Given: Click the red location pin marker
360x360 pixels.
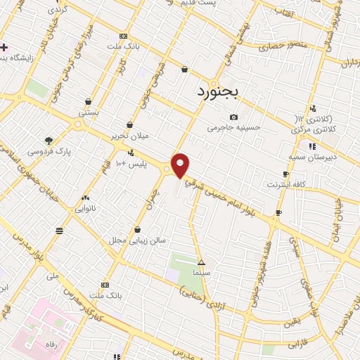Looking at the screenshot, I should click(x=181, y=165).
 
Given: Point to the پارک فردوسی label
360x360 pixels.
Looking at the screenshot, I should click(x=49, y=151).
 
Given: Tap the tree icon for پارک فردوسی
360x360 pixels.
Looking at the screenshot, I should click(x=49, y=140).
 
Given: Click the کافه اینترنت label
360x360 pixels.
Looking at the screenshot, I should click(x=285, y=184).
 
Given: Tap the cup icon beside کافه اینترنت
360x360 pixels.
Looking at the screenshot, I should click(x=285, y=174).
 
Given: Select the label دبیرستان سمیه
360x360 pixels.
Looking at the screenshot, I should click(x=313, y=157).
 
